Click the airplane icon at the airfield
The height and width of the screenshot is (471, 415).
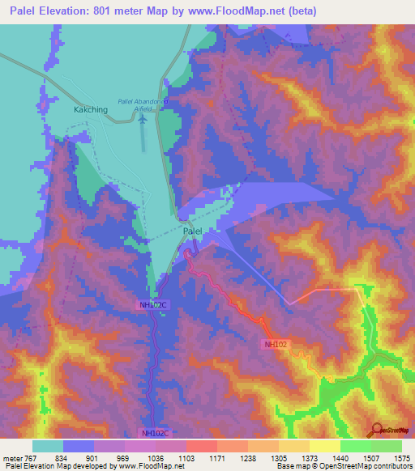pos(143,119)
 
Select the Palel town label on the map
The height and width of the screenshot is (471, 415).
pos(192,231)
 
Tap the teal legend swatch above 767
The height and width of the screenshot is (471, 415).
pos(48,446)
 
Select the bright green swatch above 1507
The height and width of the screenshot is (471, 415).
pos(356,446)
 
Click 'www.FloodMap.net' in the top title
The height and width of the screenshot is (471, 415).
pos(231,11)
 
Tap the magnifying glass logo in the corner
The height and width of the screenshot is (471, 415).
pos(377,429)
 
